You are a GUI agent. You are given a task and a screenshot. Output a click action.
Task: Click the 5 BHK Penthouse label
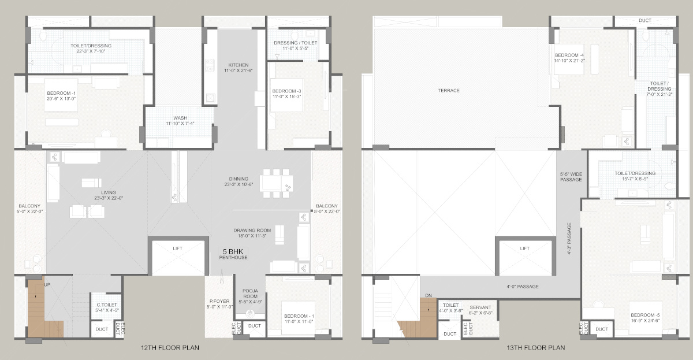(x=233, y=254)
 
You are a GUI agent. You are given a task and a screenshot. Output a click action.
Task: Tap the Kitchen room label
(x=238, y=68)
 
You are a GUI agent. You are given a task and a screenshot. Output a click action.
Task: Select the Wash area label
(x=180, y=120)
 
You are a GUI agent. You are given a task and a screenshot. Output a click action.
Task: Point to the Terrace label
(x=449, y=90)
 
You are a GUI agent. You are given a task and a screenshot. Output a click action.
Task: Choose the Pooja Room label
(x=250, y=296)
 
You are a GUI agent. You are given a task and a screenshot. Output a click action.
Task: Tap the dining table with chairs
(x=276, y=183)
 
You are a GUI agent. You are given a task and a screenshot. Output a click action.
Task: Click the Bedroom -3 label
(x=286, y=94)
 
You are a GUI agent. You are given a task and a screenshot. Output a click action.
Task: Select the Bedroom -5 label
(x=645, y=318)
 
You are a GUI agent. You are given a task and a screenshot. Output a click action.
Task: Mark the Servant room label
(x=480, y=310)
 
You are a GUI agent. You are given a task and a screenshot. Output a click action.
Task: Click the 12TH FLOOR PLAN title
(x=170, y=348)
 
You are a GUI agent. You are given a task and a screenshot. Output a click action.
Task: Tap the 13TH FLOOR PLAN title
(x=535, y=348)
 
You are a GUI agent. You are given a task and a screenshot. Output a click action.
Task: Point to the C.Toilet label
(x=107, y=307)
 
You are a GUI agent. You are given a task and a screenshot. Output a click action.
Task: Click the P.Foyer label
(x=219, y=304)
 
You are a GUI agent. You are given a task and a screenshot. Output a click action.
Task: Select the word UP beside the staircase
(x=47, y=285)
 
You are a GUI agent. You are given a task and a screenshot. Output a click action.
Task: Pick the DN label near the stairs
(x=429, y=296)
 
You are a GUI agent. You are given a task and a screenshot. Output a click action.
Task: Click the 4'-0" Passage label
(x=523, y=287)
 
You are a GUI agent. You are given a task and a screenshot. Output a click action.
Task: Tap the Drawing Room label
(x=252, y=233)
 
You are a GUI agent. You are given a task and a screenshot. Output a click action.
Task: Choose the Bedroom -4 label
(x=569, y=58)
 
